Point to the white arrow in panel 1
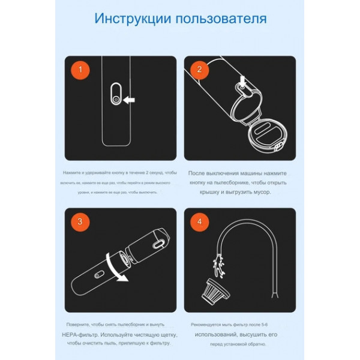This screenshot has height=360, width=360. point(129,100)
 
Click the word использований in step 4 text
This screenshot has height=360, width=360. point(218,334)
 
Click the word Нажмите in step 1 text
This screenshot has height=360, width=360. point(70,172)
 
